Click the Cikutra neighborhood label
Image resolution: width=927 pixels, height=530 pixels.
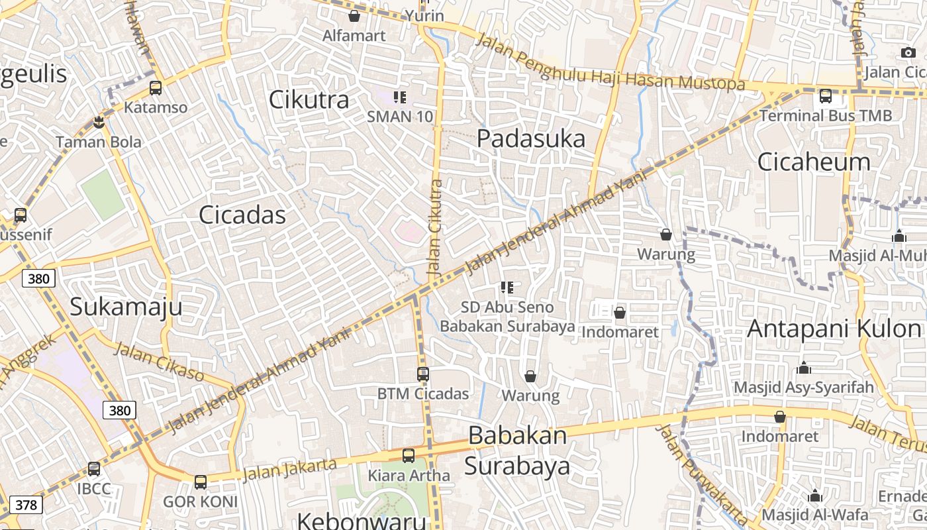coord(309,100)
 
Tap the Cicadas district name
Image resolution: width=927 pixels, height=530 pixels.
coord(242,215)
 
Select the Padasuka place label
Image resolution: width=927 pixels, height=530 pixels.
coord(531,139)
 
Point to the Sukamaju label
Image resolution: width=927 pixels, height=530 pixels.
coord(126,307)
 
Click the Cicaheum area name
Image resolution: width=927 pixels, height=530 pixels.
coord(814,162)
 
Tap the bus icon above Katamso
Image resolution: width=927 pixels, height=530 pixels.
coord(156,87)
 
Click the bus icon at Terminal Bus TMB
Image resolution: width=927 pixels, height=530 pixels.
coord(826,96)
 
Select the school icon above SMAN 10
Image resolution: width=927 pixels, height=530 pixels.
coord(399,98)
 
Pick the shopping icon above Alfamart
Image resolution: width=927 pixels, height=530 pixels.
coord(354,16)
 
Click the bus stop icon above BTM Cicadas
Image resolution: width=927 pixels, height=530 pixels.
coord(423,374)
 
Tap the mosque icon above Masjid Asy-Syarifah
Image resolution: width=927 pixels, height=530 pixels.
coord(804,368)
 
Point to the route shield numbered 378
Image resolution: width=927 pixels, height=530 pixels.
coord(26,505)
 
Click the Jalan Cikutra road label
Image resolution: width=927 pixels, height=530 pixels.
coord(435,229)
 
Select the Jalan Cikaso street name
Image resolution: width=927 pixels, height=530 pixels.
coord(159,362)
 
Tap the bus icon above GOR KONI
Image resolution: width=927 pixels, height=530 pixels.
coord(200,482)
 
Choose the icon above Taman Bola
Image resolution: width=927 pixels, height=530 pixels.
coord(99,123)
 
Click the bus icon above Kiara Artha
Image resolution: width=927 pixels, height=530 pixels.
coord(409,456)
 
